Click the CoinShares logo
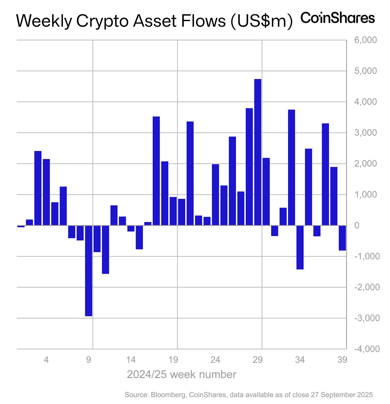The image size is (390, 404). pyautogui.click(x=337, y=18)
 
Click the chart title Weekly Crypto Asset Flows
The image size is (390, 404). pyautogui.click(x=154, y=21)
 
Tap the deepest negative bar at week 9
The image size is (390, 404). pyautogui.click(x=89, y=270)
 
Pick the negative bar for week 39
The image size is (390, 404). pyautogui.click(x=342, y=238)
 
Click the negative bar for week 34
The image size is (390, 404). pyautogui.click(x=300, y=247)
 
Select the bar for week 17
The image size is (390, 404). pyautogui.click(x=156, y=171)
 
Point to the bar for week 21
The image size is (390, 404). pyautogui.click(x=190, y=173)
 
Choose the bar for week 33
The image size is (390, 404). pyautogui.click(x=291, y=167)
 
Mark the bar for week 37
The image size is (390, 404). pyautogui.click(x=325, y=174)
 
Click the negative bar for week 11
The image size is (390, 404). pyautogui.click(x=106, y=249)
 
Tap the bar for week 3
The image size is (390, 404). pyautogui.click(x=38, y=188)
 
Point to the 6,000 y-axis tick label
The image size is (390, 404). pyautogui.click(x=365, y=40)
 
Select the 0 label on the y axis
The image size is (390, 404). pyautogui.click(x=357, y=225)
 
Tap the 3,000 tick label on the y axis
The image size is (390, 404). pyautogui.click(x=365, y=133)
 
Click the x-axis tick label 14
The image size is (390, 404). pyautogui.click(x=131, y=360)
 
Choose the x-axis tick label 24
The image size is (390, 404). pyautogui.click(x=215, y=360)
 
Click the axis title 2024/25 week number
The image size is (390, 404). pyautogui.click(x=182, y=375)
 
